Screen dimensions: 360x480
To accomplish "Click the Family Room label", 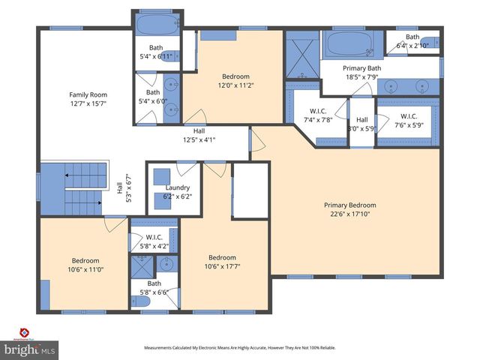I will [88, 94].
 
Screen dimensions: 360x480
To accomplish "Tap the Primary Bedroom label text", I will [349, 205].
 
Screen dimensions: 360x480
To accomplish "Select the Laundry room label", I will [178, 187].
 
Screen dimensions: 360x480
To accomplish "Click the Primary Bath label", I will [361, 68].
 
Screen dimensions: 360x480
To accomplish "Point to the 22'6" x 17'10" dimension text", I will [349, 214].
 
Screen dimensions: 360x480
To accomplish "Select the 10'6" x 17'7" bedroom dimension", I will [222, 266].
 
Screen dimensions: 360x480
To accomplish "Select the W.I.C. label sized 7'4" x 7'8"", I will [318, 115].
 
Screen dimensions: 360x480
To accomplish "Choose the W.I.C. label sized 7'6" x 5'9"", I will [409, 116].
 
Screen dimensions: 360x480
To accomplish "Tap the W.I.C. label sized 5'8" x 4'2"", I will [154, 238].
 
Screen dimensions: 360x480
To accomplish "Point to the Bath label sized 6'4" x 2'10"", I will [412, 37].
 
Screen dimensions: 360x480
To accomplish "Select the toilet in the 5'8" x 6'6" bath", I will [141, 301].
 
